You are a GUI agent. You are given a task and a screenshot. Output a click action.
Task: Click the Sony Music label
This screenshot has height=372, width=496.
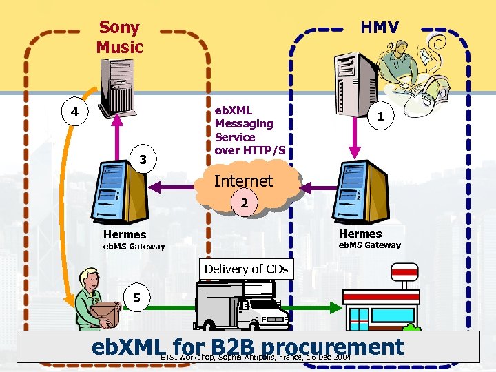pyautogui.click(x=119, y=37)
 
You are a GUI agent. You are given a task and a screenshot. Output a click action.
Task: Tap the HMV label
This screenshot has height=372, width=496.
pyautogui.click(x=380, y=28)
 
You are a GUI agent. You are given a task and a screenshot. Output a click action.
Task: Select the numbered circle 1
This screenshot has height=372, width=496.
pyautogui.click(x=380, y=117)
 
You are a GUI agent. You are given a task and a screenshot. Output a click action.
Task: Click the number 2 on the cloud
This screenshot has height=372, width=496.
pyautogui.click(x=244, y=203)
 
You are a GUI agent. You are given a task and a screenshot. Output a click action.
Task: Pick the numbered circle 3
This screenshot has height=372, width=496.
pyautogui.click(x=143, y=160)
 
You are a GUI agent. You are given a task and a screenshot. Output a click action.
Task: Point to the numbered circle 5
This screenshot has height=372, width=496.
pyautogui.click(x=137, y=298)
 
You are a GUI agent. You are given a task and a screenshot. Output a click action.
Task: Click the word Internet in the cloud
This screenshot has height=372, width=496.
pyautogui.click(x=243, y=181)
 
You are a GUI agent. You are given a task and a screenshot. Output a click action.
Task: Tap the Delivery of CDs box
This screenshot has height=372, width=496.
pyautogui.click(x=246, y=269)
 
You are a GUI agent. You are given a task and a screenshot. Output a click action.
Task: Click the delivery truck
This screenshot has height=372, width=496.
pyautogui.click(x=241, y=307)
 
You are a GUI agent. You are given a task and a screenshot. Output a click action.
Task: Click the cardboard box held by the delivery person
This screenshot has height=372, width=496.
pyautogui.click(x=105, y=313)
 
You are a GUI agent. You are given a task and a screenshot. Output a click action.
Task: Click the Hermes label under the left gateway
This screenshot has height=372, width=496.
pyautogui.click(x=125, y=234)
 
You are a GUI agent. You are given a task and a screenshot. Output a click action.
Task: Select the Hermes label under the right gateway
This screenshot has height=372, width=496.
pyautogui.click(x=360, y=234)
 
